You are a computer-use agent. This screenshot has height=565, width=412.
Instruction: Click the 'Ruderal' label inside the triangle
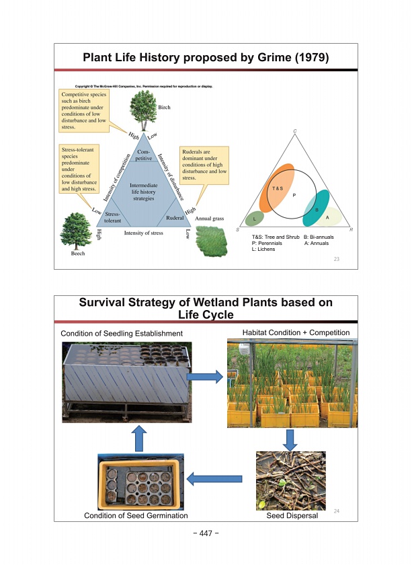tap(175, 218)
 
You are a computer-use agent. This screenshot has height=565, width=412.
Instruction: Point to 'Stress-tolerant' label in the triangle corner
tap(112, 217)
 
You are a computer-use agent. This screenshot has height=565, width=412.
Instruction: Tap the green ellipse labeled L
tap(255, 218)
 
